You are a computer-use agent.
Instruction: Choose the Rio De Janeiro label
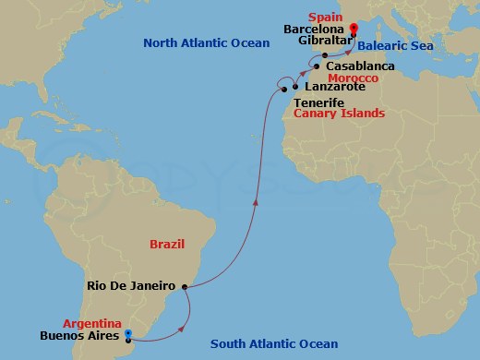point(132,285)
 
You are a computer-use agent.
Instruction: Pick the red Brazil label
point(167,244)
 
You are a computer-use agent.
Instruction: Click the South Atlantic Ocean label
point(274,344)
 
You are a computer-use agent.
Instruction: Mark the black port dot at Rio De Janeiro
point(186,287)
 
